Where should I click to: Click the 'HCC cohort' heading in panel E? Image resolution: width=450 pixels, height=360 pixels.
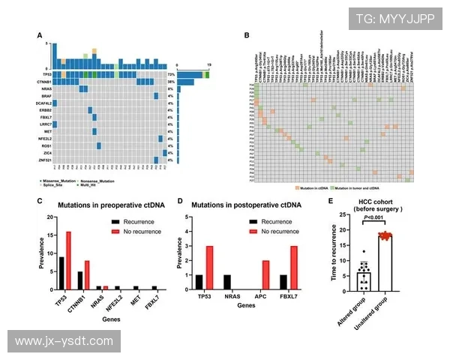point(378,202)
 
